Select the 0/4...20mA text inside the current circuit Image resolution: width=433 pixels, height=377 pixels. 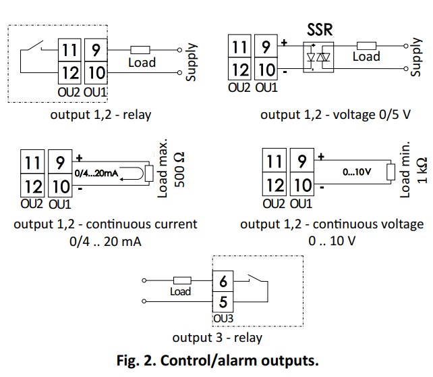tap(100, 175)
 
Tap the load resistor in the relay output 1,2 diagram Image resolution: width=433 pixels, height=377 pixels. tap(140, 49)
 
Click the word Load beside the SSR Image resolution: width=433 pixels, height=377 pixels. tap(366, 57)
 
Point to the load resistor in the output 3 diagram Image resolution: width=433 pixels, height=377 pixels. tap(181, 279)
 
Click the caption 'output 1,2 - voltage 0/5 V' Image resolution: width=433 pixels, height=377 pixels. tap(335, 114)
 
